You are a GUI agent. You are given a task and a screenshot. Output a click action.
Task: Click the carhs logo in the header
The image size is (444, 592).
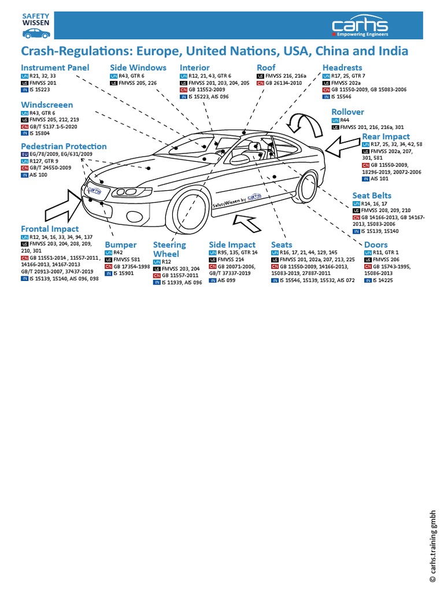coord(360,27)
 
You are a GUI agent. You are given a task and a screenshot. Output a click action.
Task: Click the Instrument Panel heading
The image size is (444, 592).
coord(55,68)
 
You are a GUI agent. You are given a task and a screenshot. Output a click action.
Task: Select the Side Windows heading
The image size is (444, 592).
coord(138,68)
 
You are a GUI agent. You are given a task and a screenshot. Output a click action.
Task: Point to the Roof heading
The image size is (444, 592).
coord(266,68)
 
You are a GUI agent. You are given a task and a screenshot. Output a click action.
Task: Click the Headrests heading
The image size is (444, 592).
coord(342,68)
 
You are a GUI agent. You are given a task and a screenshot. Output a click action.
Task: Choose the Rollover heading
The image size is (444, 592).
coord(347,112)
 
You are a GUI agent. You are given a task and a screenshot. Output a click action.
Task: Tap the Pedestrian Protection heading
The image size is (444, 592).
coord(64,146)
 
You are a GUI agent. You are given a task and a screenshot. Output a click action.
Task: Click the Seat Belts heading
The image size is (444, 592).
coord(372,196)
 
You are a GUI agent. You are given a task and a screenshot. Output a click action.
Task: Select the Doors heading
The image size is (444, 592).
coord(376,245)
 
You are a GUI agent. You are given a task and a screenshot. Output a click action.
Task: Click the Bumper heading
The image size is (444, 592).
coord(120,245)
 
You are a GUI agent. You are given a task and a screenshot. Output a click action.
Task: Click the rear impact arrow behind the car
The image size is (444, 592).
coord(342,149)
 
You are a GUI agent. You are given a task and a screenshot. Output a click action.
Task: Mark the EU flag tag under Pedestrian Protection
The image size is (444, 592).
coord(24,155)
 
